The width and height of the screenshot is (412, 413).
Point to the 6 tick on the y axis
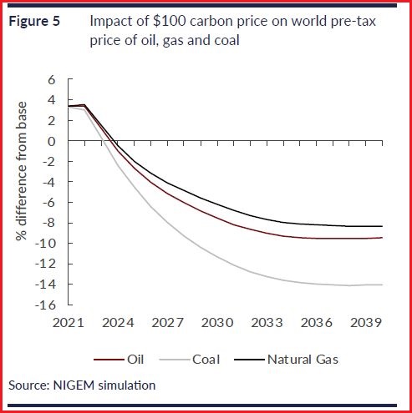tap(50, 80)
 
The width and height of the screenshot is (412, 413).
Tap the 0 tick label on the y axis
tap(50, 141)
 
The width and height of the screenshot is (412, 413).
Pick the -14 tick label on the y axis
tap(45, 284)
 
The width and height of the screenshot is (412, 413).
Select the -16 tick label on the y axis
tap(45, 305)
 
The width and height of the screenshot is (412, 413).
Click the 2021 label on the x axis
tap(69, 321)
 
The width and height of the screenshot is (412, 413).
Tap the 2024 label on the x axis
tap(118, 321)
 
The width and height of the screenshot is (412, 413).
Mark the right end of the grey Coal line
tap(383, 285)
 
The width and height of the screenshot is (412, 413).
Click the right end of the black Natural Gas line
tap(383, 226)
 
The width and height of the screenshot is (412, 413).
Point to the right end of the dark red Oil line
tap(383, 238)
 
